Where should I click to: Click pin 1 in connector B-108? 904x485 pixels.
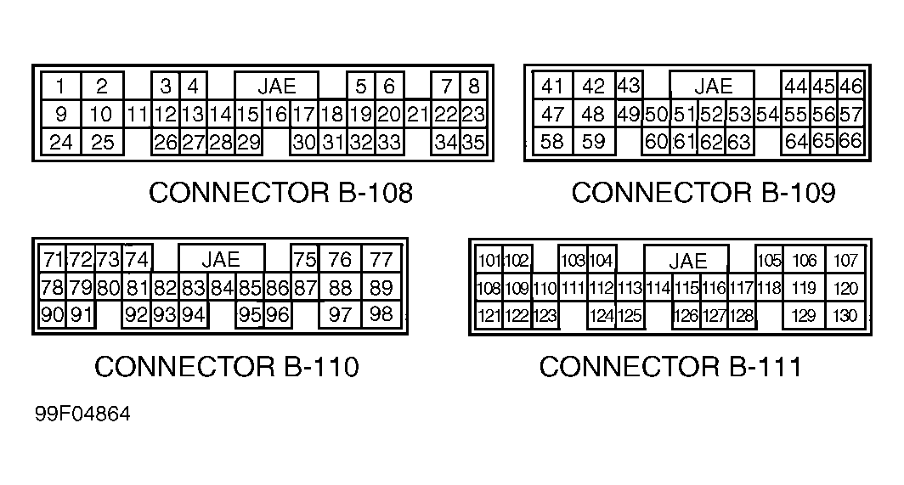click(61, 86)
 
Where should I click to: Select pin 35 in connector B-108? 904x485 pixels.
click(473, 142)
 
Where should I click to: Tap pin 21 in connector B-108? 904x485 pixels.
click(417, 114)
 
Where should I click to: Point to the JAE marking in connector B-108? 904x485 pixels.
click(276, 86)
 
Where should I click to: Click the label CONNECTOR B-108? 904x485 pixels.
click(280, 193)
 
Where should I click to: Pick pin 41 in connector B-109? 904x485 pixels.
click(552, 86)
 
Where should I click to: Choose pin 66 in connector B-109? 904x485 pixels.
click(850, 141)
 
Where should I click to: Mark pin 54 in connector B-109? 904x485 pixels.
click(768, 114)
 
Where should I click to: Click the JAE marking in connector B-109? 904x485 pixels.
click(712, 86)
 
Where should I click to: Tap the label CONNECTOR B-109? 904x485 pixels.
click(703, 193)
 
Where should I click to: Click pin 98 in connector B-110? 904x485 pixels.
click(382, 315)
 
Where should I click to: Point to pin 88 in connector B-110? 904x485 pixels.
click(340, 288)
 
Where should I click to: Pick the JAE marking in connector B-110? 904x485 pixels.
click(221, 259)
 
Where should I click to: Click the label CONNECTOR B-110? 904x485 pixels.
click(226, 367)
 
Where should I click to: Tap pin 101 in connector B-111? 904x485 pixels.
click(489, 261)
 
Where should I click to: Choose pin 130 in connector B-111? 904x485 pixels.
click(845, 317)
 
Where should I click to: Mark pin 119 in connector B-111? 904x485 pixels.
click(804, 289)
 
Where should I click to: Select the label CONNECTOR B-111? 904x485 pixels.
click(670, 367)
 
